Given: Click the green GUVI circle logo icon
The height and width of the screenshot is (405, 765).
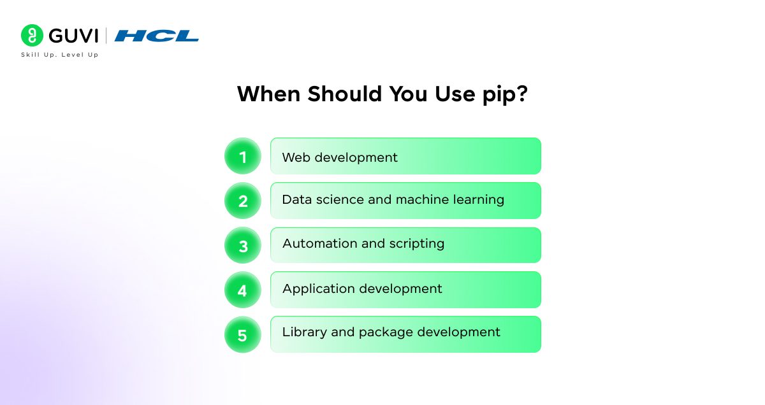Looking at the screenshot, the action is (x=32, y=35).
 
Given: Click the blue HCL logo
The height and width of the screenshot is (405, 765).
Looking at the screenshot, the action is (x=156, y=36).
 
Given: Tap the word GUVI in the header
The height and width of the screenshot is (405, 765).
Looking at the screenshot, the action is (x=73, y=36).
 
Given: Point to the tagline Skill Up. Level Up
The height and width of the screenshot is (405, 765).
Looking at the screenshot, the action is (x=60, y=55).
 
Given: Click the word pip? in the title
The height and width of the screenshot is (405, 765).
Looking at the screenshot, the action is (x=505, y=94).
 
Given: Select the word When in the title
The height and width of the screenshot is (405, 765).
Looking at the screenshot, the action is (x=269, y=94).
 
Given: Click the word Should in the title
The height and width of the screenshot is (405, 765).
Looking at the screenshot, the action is (x=345, y=94).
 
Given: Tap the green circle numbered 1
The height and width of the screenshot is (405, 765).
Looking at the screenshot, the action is (x=243, y=156).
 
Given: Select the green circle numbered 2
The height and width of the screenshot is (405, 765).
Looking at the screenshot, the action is (x=243, y=201).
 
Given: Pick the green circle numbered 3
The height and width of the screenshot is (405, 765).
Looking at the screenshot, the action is (x=243, y=245).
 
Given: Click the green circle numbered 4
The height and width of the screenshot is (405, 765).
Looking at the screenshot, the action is (x=243, y=290).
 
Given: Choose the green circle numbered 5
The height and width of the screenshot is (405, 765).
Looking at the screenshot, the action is (x=243, y=335).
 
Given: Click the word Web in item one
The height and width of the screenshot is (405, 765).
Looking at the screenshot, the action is (x=296, y=157).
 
